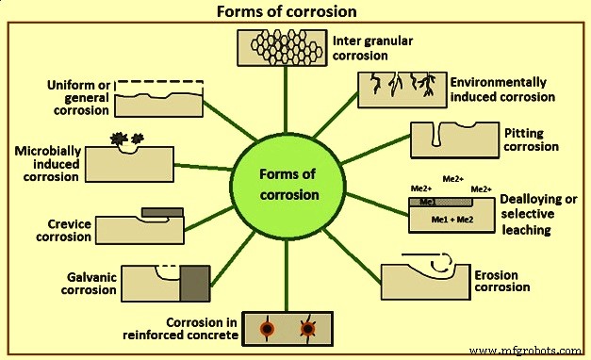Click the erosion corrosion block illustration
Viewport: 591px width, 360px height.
pos(423,278)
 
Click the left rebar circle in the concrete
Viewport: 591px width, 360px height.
pos(268,330)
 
